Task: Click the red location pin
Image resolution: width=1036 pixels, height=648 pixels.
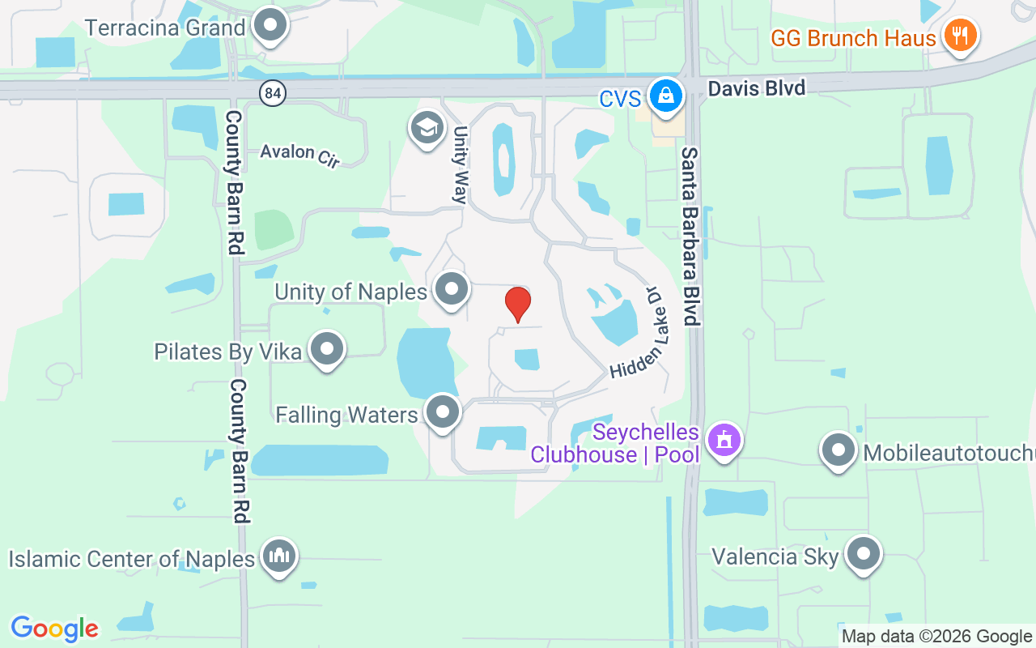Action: click(x=518, y=304)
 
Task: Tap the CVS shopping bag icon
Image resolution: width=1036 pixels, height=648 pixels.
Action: click(x=665, y=96)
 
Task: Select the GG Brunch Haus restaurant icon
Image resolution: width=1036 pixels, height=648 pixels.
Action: click(x=960, y=36)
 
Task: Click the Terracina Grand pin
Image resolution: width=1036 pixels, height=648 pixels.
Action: click(x=270, y=25)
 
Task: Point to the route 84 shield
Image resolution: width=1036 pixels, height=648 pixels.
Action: click(x=274, y=94)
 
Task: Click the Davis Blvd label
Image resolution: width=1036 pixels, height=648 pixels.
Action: click(x=756, y=87)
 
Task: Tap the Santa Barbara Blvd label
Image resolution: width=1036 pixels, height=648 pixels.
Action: click(x=690, y=236)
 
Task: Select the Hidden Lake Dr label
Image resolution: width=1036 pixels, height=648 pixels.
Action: click(x=638, y=333)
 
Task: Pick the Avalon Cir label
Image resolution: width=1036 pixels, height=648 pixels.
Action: click(x=299, y=154)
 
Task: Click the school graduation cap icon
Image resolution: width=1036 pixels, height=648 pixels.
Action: click(x=427, y=128)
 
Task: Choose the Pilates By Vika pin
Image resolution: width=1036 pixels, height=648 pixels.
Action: click(x=327, y=349)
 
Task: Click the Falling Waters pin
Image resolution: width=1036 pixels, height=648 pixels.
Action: click(x=443, y=412)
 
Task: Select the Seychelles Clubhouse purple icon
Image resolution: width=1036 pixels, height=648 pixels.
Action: click(x=724, y=440)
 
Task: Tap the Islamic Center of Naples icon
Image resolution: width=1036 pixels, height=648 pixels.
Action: click(x=279, y=556)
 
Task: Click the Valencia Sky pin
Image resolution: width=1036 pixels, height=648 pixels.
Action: click(x=864, y=554)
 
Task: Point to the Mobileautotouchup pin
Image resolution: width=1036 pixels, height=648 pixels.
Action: click(x=839, y=450)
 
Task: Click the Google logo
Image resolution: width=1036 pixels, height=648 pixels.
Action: click(x=55, y=629)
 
